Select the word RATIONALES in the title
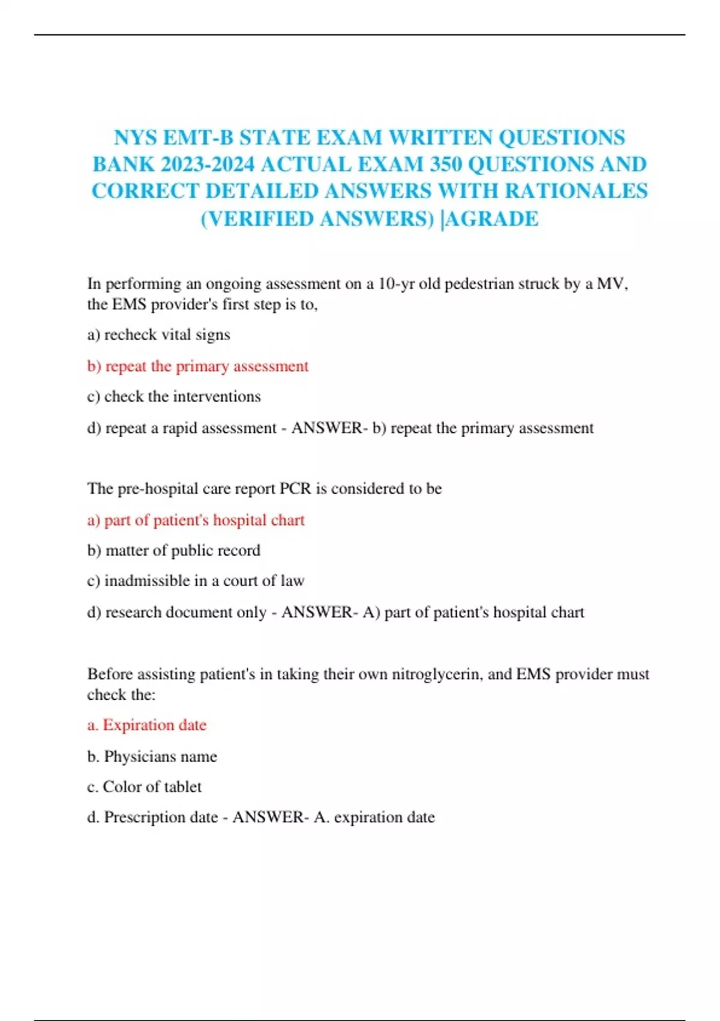coord(576,191)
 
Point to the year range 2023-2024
coord(208,165)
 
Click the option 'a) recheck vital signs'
coord(158,335)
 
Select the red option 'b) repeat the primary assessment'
coord(197,366)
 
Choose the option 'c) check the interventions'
coord(173,396)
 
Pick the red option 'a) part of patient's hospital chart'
coord(196,520)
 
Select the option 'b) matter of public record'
coord(173,550)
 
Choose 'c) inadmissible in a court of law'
coord(196,581)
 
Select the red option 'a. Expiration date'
coord(146,725)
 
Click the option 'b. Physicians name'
coord(152,756)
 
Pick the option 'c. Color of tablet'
coord(144,787)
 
